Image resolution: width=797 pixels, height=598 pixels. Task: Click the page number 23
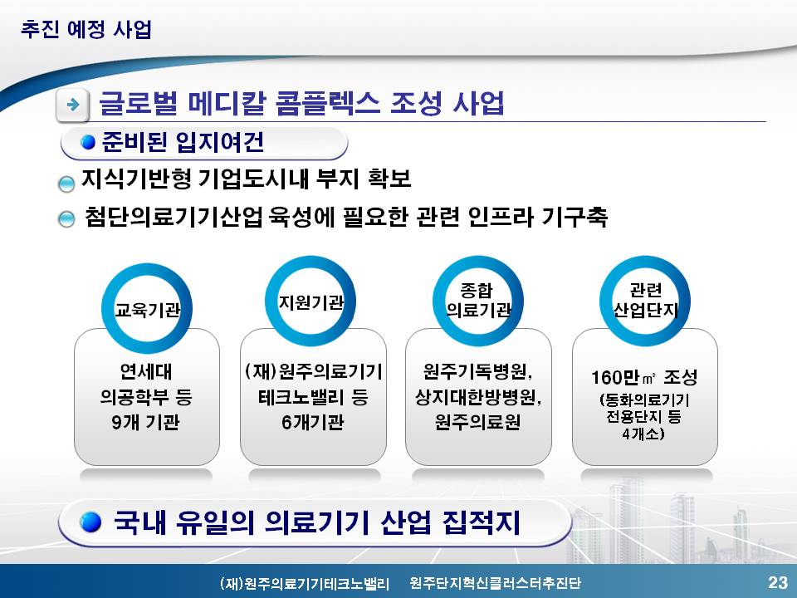pyautogui.click(x=777, y=581)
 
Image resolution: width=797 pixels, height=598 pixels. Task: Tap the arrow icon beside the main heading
pyautogui.click(x=73, y=105)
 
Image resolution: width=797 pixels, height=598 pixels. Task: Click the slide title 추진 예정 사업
pyautogui.click(x=86, y=29)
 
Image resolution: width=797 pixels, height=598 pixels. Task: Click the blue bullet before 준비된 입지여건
pyautogui.click(x=88, y=142)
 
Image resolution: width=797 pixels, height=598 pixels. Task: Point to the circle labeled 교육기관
pyautogui.click(x=146, y=270)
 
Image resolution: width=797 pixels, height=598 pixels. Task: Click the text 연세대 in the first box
pyautogui.click(x=146, y=372)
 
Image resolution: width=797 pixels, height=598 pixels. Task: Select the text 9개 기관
pyautogui.click(x=146, y=422)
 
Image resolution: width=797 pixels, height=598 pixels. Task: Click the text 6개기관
pyautogui.click(x=313, y=422)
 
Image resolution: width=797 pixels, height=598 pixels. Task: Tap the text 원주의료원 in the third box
pyautogui.click(x=478, y=422)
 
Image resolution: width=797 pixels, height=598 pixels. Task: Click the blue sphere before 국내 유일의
pyautogui.click(x=90, y=522)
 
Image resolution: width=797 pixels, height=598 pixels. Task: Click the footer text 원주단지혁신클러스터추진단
pyautogui.click(x=495, y=583)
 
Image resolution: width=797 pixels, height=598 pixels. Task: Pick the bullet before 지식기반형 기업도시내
pyautogui.click(x=66, y=184)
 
